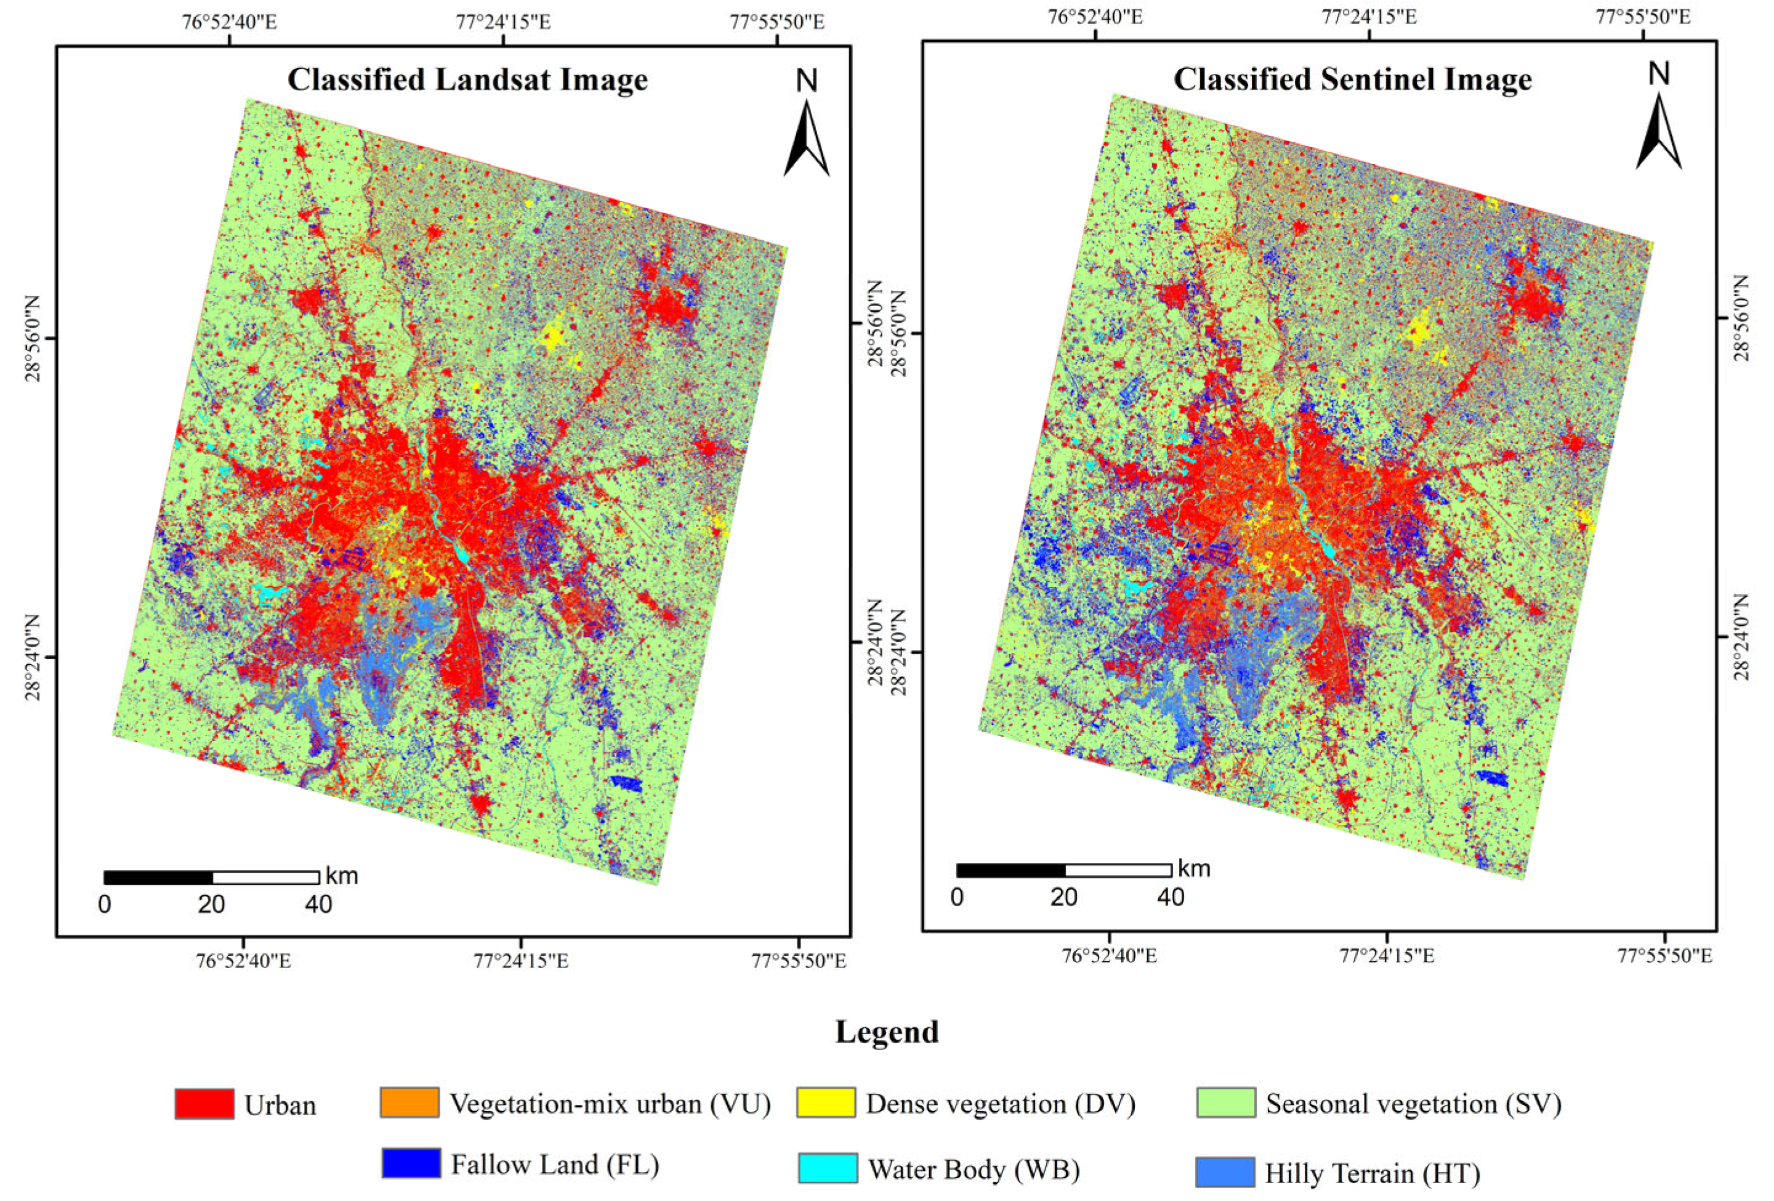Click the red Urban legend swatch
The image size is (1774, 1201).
pos(204,1104)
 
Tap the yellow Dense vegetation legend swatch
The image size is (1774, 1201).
pos(826,1102)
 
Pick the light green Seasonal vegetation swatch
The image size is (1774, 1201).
pos(1226,1102)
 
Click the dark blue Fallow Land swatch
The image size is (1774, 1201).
pos(411,1163)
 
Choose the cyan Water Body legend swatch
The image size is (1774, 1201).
pos(828,1168)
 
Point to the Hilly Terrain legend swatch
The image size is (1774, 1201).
pos(1225,1172)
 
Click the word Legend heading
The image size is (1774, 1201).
pos(886,1032)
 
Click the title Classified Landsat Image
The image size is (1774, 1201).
pos(467,79)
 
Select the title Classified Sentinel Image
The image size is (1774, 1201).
pos(1352,79)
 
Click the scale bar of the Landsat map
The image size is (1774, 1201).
pos(211,877)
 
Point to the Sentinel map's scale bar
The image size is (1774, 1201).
pos(1063,870)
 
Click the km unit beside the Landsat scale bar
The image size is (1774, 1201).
pos(341,876)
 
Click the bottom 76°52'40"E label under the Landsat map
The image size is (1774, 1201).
pos(243,961)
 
